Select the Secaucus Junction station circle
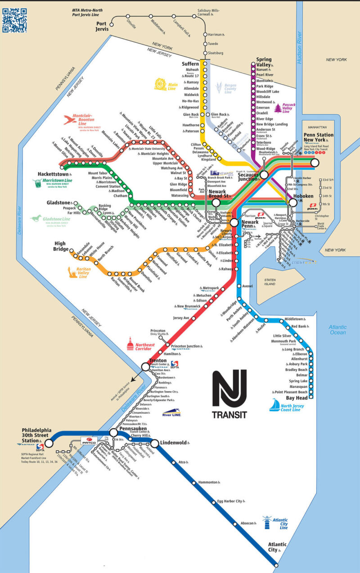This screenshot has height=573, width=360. point(264,175)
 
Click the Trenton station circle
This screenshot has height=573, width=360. point(145,367)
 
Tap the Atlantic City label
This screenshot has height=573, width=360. point(276,547)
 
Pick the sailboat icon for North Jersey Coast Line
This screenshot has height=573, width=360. point(274,405)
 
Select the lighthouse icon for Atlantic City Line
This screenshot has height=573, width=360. point(268,522)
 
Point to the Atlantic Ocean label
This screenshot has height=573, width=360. point(337,330)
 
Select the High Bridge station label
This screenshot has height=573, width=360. point(61,246)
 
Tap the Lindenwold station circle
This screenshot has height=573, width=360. point(154,443)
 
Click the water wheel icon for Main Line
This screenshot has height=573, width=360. point(161,84)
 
